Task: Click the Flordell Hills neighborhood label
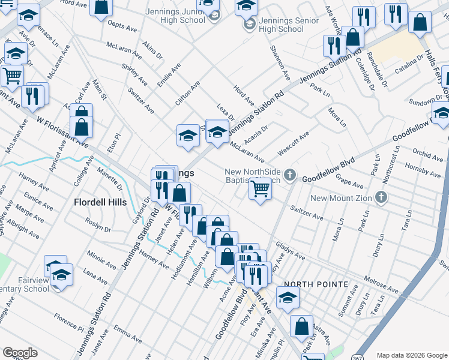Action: click(x=100, y=202)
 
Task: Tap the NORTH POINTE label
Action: click(x=316, y=284)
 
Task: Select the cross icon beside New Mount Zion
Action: click(x=380, y=197)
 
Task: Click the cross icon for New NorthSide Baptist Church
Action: click(x=290, y=175)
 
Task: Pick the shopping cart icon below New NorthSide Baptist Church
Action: click(x=260, y=189)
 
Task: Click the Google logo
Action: click(x=20, y=353)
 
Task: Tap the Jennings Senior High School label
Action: click(x=282, y=25)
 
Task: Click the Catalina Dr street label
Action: click(x=409, y=71)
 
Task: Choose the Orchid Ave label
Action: click(x=428, y=154)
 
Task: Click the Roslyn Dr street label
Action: click(x=98, y=230)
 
